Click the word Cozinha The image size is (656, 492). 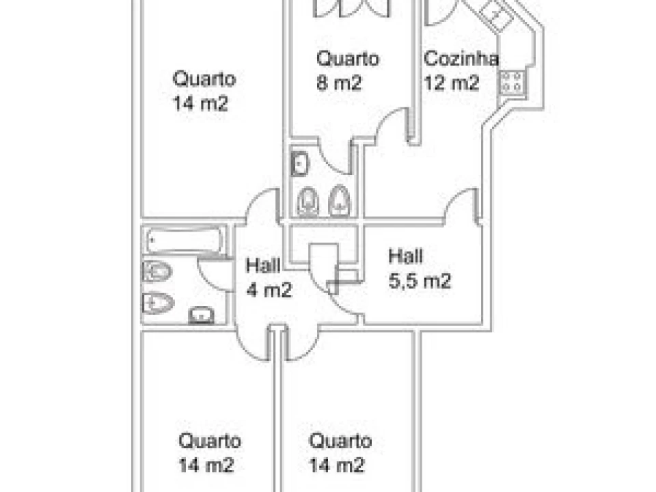click(x=461, y=58)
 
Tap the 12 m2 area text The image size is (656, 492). click(x=452, y=83)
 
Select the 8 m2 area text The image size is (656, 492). click(x=338, y=83)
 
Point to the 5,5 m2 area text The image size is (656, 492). click(x=420, y=281)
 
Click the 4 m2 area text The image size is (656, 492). click(x=269, y=290)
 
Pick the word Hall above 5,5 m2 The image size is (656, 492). click(x=405, y=256)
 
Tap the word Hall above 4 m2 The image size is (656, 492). click(x=263, y=265)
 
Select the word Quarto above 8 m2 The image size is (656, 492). click(x=348, y=58)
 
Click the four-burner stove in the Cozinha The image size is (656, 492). click(x=511, y=82)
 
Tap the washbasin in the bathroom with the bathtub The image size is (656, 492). click(x=201, y=315)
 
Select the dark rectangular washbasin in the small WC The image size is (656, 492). click(x=299, y=163)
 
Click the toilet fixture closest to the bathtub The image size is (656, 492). click(x=157, y=271)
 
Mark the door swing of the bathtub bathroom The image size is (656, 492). click(x=213, y=275)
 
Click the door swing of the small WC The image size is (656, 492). click(x=334, y=157)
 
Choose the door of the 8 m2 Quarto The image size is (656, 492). click(x=392, y=126)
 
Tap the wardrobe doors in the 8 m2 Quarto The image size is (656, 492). click(x=351, y=8)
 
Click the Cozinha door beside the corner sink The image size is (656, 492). click(x=439, y=12)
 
